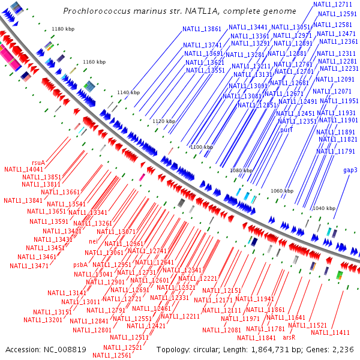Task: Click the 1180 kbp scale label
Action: [62, 29]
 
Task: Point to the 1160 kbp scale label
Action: [94, 62]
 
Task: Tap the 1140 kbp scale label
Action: [128, 92]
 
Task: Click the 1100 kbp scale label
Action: [202, 147]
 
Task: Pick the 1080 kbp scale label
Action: [241, 170]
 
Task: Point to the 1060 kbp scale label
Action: [281, 191]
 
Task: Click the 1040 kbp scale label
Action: [323, 208]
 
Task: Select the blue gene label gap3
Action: [350, 170]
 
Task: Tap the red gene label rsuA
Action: [38, 162]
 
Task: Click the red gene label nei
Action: [93, 241]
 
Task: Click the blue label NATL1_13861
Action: [202, 29]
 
